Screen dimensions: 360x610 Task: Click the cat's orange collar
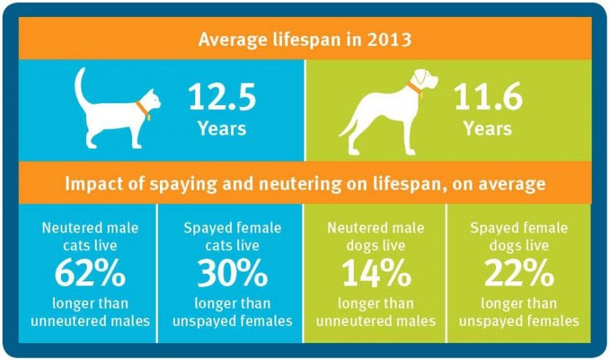(x=141, y=108)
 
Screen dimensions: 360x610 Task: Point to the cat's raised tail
(x=81, y=88)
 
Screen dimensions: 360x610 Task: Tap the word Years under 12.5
(x=222, y=127)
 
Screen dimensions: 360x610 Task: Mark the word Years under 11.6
(x=488, y=127)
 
